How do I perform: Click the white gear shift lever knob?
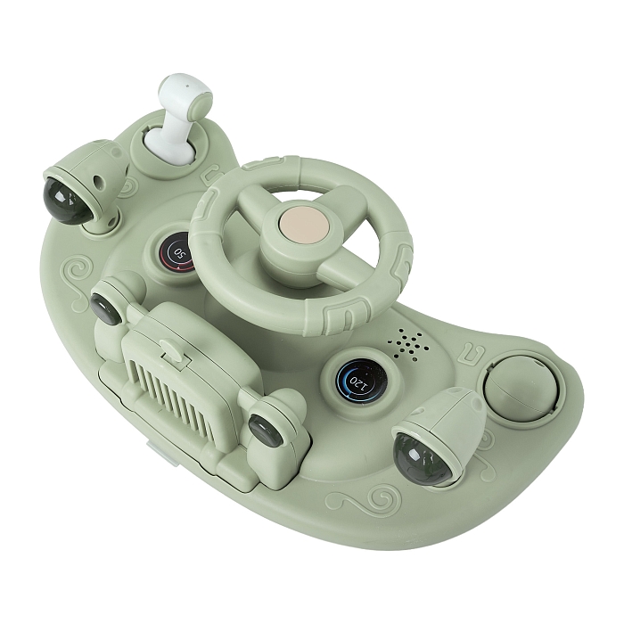(x=185, y=94)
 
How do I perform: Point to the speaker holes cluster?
(x=408, y=343)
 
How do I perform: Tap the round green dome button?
(x=521, y=388)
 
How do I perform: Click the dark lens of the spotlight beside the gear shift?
(x=68, y=201)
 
